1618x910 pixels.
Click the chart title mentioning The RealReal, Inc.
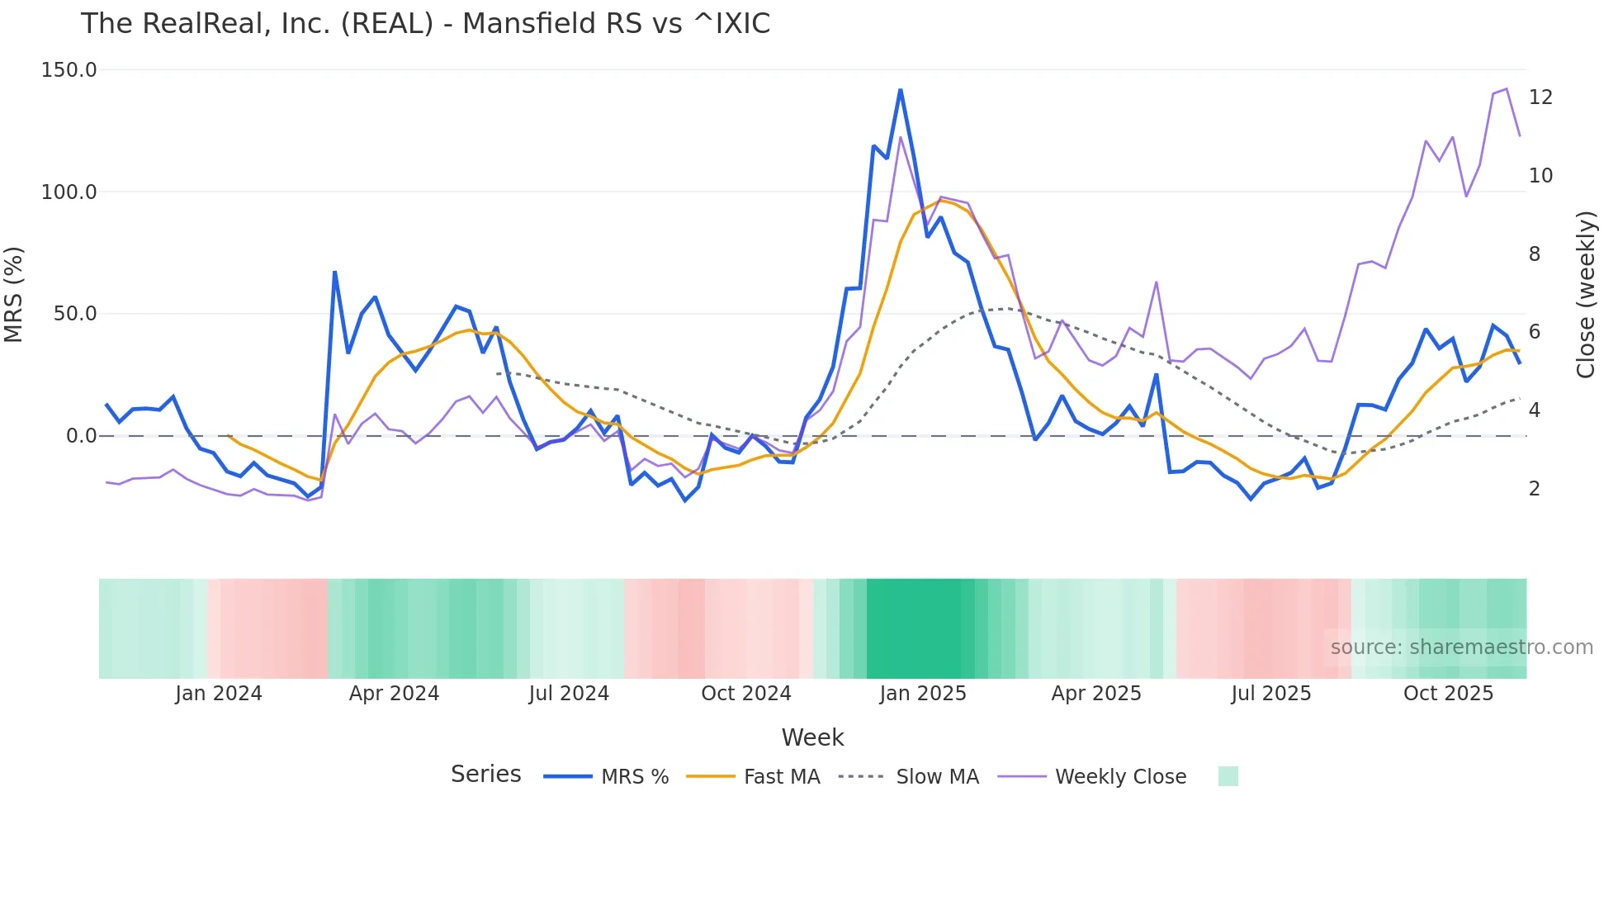tap(425, 23)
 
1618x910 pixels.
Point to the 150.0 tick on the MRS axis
tap(69, 70)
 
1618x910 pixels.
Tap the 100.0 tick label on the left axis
tap(69, 192)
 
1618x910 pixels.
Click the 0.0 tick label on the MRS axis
tap(81, 436)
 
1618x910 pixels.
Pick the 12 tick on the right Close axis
tap(1540, 97)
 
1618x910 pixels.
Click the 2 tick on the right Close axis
tap(1534, 489)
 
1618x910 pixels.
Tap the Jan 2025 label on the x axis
tap(922, 694)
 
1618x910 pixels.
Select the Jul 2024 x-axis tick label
tap(569, 694)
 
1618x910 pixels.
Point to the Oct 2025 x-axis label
tap(1448, 694)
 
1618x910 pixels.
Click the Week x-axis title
tap(812, 737)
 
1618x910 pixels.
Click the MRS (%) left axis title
tap(14, 294)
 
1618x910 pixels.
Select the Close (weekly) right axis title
tap(1585, 294)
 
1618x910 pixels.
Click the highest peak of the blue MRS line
tap(900, 89)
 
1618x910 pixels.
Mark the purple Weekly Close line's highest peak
tap(1507, 88)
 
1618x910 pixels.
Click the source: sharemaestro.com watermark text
tap(1461, 647)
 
